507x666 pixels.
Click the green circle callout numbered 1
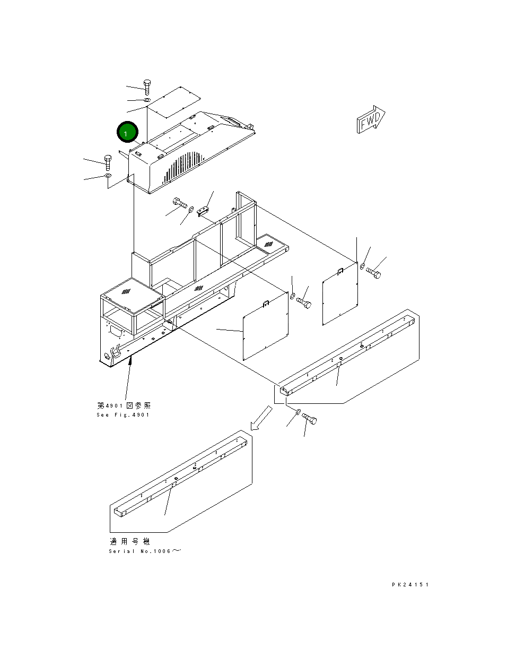click(127, 133)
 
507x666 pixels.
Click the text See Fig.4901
click(123, 415)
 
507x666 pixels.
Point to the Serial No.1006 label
click(144, 551)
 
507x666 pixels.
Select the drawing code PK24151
click(410, 585)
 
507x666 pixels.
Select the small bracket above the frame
click(204, 211)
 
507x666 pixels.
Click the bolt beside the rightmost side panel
click(373, 273)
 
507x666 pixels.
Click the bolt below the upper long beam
click(310, 420)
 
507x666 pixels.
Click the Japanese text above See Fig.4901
click(124, 405)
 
